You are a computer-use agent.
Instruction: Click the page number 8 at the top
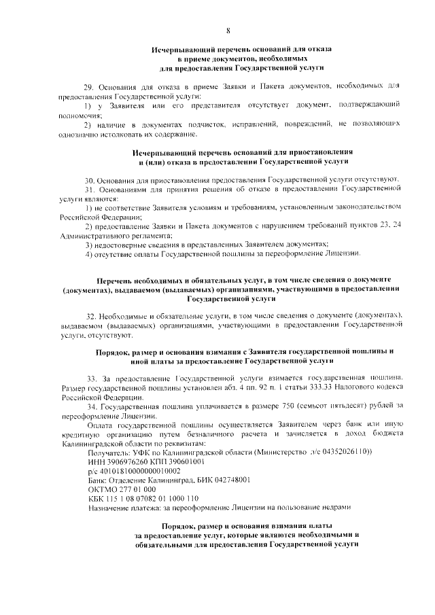[228, 30]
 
